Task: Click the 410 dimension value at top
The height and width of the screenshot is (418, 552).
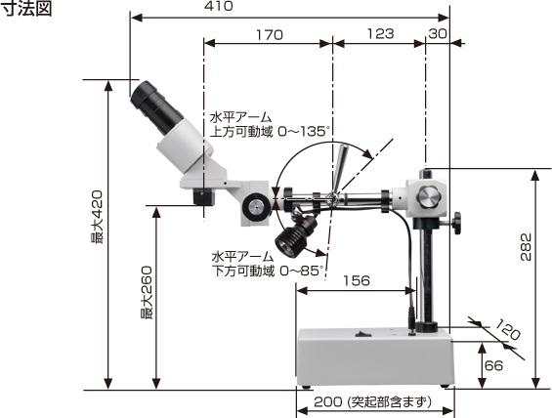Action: (218, 6)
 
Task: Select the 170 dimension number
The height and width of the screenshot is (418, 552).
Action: (270, 35)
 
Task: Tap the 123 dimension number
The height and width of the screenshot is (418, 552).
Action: (381, 34)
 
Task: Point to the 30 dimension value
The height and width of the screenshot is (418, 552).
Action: (438, 34)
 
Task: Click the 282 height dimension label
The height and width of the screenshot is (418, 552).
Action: (526, 247)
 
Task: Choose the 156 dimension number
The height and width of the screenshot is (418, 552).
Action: (357, 280)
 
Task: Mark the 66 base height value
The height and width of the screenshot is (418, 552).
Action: (494, 366)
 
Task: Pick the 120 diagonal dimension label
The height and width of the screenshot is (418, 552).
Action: (507, 330)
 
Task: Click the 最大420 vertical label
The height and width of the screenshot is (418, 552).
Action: (97, 218)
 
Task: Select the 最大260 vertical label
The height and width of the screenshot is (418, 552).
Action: (147, 293)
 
